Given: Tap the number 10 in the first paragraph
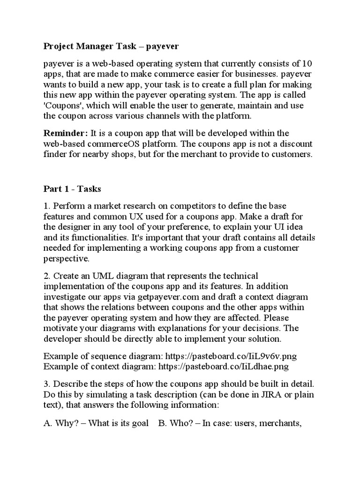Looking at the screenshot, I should [x=305, y=64].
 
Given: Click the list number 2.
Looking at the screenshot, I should [x=46, y=276].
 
